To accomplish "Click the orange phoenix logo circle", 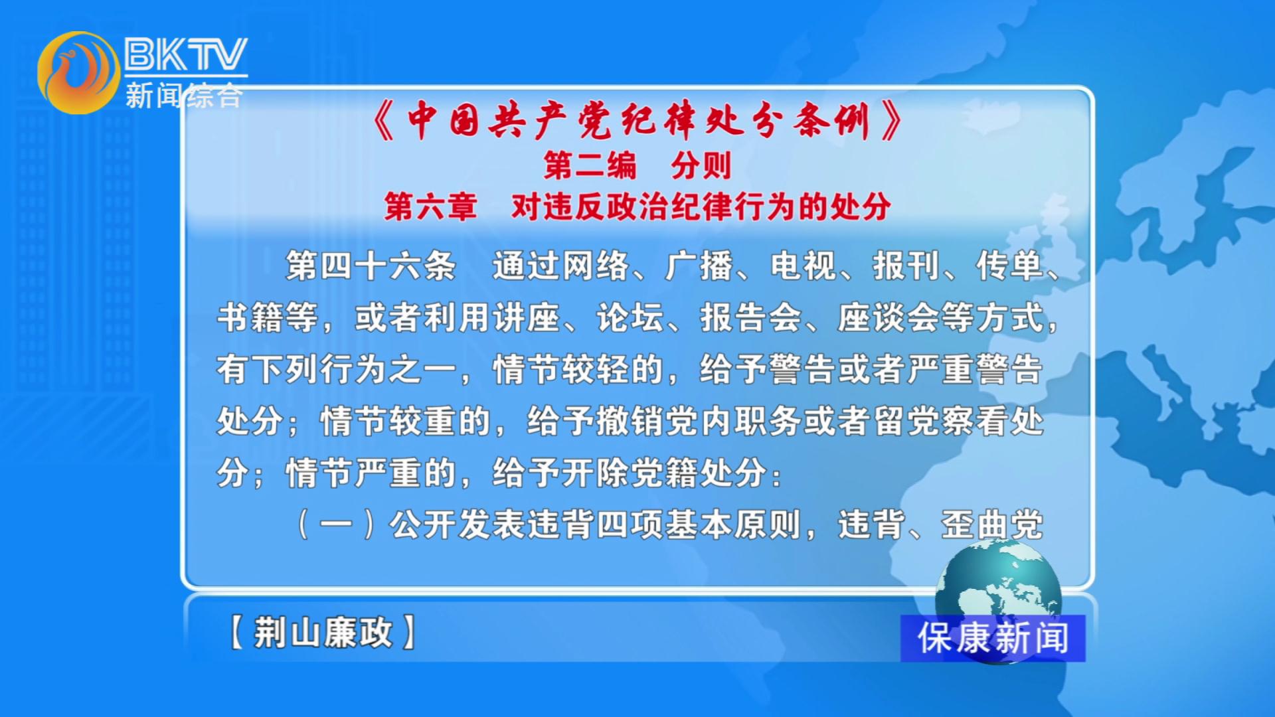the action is click(x=78, y=72).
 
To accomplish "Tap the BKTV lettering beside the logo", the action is click(x=186, y=54).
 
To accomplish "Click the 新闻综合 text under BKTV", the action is click(x=184, y=95).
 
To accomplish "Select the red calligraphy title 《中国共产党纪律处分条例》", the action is click(x=637, y=120).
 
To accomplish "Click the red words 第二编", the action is click(x=590, y=165).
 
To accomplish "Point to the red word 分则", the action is click(x=701, y=165).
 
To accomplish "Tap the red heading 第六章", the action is click(x=431, y=206).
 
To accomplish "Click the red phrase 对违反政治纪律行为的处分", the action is click(x=701, y=206).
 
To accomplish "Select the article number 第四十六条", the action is click(x=371, y=266).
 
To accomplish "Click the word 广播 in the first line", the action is click(x=699, y=266).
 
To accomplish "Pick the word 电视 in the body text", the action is click(x=803, y=266).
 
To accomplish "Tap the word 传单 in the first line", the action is click(x=1009, y=266).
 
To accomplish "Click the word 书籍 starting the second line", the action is click(x=250, y=317).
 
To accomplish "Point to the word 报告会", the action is click(x=751, y=317).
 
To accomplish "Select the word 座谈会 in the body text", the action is click(x=889, y=317).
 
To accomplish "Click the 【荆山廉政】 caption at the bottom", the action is click(x=323, y=631).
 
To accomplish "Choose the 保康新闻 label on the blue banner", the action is click(x=993, y=638).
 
